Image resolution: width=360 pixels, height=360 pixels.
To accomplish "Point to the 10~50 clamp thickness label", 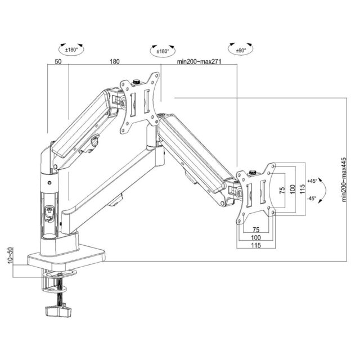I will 9,258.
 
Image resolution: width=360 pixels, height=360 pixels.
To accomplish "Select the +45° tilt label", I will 313,181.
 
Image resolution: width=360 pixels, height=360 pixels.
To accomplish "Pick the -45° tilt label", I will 312,199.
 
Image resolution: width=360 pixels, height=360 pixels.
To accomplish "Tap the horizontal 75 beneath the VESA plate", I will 255,230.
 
